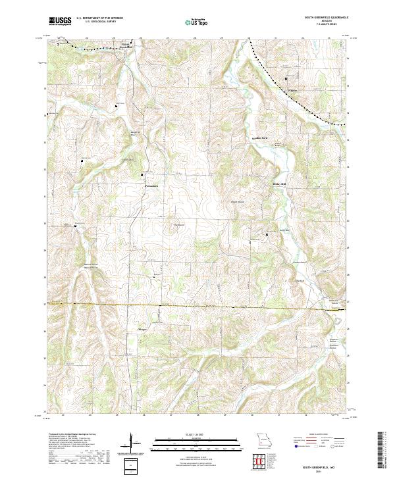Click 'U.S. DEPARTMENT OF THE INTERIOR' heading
pos(99,18)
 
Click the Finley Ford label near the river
pos(260,138)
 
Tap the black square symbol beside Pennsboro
pos(143,174)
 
